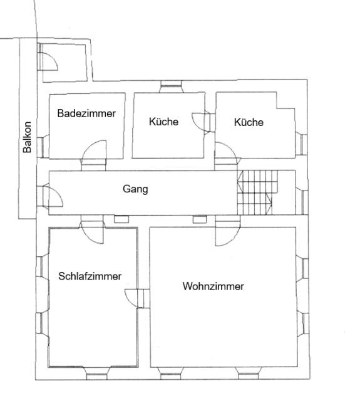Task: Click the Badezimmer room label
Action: tap(86, 113)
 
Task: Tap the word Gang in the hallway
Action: tap(135, 189)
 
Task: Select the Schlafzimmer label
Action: tap(90, 276)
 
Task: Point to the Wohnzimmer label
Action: tap(213, 286)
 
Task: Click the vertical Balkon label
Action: tap(27, 137)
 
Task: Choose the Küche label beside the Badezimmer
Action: tap(163, 122)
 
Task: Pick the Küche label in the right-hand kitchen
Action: tap(249, 122)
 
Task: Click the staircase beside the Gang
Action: tap(258, 192)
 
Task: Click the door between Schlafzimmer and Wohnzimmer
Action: tap(131, 298)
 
